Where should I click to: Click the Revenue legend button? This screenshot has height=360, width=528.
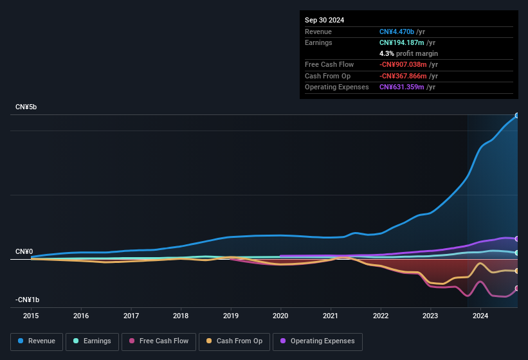pyautogui.click(x=37, y=341)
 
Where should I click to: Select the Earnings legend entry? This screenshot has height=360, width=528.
pyautogui.click(x=92, y=341)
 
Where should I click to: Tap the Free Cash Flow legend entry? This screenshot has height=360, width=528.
pyautogui.click(x=158, y=341)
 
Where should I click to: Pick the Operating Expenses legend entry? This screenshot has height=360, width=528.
pyautogui.click(x=318, y=341)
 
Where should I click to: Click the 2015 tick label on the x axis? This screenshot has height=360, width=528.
pyautogui.click(x=32, y=316)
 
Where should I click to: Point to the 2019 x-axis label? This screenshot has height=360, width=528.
pyautogui.click(x=231, y=316)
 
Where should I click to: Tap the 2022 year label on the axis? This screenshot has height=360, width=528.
pyautogui.click(x=381, y=316)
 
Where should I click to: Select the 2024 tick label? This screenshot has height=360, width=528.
pyautogui.click(x=480, y=316)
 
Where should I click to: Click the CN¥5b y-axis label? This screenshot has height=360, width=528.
pyautogui.click(x=26, y=107)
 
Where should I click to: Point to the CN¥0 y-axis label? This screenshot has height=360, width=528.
pyautogui.click(x=24, y=251)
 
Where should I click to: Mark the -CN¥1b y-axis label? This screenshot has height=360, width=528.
pyautogui.click(x=28, y=300)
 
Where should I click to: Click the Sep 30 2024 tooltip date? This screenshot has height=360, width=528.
pyautogui.click(x=325, y=20)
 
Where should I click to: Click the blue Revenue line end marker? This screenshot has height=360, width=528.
pyautogui.click(x=516, y=116)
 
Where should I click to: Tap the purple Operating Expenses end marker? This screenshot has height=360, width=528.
pyautogui.click(x=516, y=239)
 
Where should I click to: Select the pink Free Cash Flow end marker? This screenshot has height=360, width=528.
pyautogui.click(x=516, y=288)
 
